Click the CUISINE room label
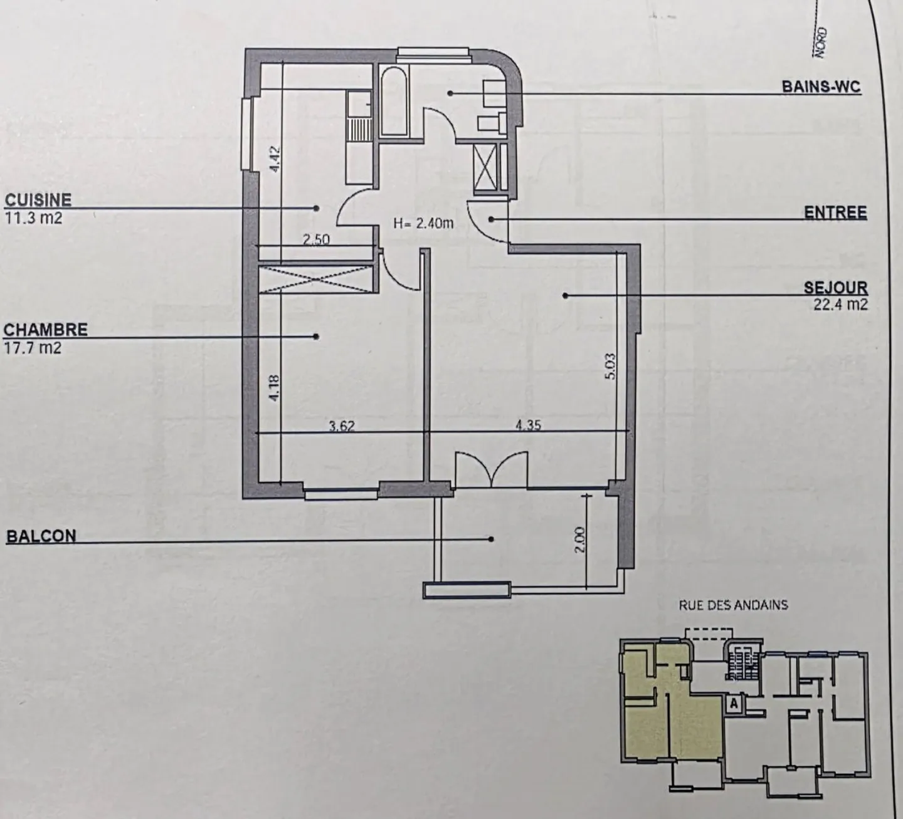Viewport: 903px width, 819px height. (x=38, y=200)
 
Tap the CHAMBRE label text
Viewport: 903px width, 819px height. (x=46, y=330)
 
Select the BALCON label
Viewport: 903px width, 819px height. (x=41, y=536)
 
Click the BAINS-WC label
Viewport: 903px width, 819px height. (x=821, y=86)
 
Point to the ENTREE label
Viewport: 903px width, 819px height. (x=835, y=212)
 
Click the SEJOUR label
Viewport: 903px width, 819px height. (x=836, y=288)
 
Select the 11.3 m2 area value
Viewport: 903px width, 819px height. (x=33, y=219)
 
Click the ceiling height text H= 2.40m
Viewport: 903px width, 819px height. (x=423, y=223)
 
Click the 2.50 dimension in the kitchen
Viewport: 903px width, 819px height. (x=316, y=239)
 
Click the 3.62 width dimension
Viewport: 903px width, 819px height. (x=342, y=426)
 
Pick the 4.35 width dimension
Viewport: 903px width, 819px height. (x=529, y=425)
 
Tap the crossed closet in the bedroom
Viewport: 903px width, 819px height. (x=317, y=278)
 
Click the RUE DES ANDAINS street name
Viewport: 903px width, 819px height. (x=733, y=605)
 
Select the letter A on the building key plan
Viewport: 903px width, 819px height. (x=732, y=704)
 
